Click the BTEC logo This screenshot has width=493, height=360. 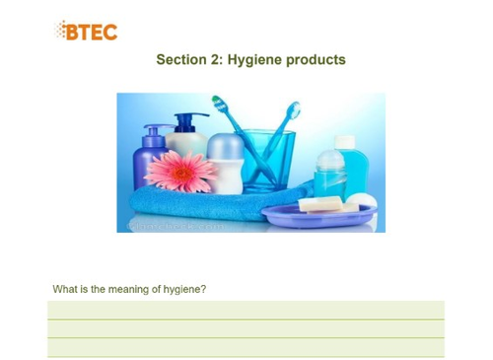(x=86, y=31)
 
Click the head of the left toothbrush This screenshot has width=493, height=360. (x=221, y=106)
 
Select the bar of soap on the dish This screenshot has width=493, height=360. (x=321, y=204)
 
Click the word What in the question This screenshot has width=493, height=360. (x=66, y=289)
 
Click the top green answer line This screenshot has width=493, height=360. (x=246, y=310)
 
